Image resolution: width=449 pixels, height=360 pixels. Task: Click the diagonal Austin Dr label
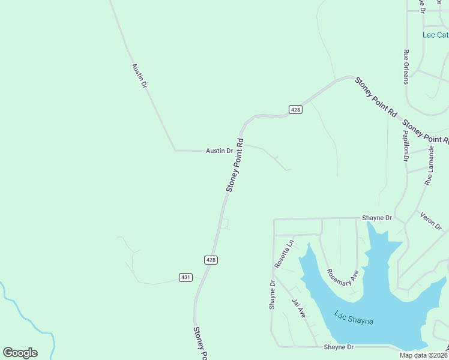[x=139, y=76]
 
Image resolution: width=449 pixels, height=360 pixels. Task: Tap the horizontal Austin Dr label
[x=219, y=151]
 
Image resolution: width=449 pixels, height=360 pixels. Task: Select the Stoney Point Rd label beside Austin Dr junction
[x=235, y=166]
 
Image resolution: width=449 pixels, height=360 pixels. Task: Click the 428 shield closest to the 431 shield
[x=211, y=260]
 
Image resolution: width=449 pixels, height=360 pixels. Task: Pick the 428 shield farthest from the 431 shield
[x=295, y=109]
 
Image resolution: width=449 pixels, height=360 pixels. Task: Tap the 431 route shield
[x=185, y=277]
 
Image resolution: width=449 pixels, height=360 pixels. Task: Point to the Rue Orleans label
[x=406, y=67]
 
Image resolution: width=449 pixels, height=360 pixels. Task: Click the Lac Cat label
[x=435, y=35]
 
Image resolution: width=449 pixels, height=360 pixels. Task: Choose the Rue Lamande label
[x=429, y=166]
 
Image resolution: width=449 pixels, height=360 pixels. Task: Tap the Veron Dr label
[x=431, y=221]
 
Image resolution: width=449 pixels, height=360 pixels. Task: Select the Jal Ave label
[x=299, y=308]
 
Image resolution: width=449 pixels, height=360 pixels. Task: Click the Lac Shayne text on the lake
[x=354, y=317]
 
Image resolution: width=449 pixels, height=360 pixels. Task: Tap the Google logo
[x=20, y=353]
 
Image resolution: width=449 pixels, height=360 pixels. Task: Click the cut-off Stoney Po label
[x=200, y=343]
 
